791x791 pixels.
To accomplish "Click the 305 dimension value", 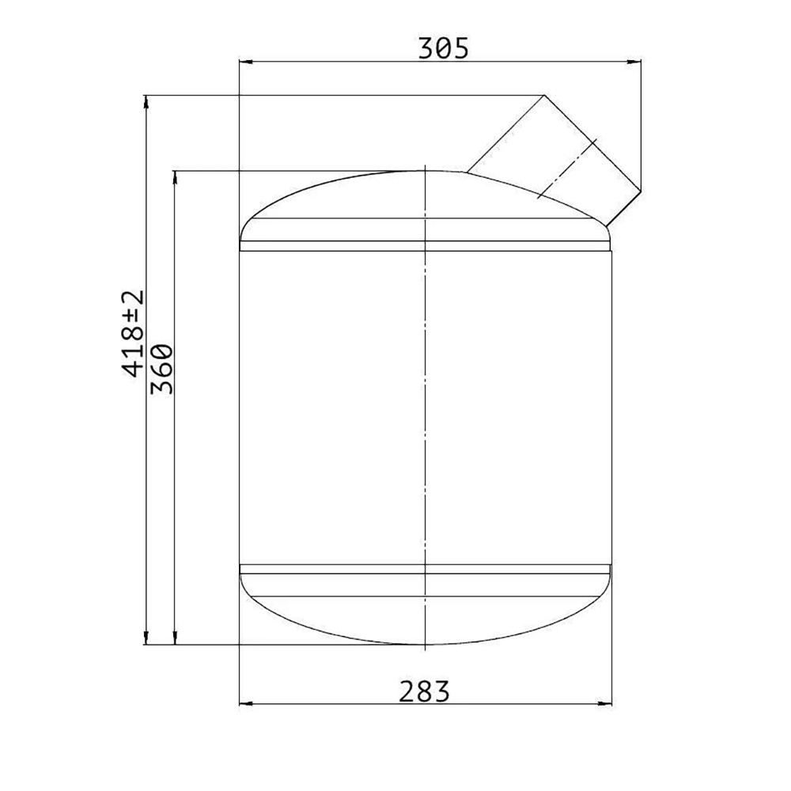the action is click(444, 48).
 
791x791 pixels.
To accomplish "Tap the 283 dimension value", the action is click(424, 691).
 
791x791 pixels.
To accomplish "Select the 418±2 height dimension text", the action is click(133, 334).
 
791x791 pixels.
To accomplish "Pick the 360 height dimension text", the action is click(162, 369).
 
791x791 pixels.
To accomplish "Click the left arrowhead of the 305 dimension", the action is click(246, 62).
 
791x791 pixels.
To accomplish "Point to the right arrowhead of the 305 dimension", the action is click(634, 62).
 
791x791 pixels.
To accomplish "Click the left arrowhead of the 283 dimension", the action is click(246, 703).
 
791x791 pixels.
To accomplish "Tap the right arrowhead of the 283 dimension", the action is click(605, 703).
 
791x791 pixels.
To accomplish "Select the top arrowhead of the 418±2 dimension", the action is click(146, 101).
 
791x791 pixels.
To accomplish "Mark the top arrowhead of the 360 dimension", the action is click(175, 177).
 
